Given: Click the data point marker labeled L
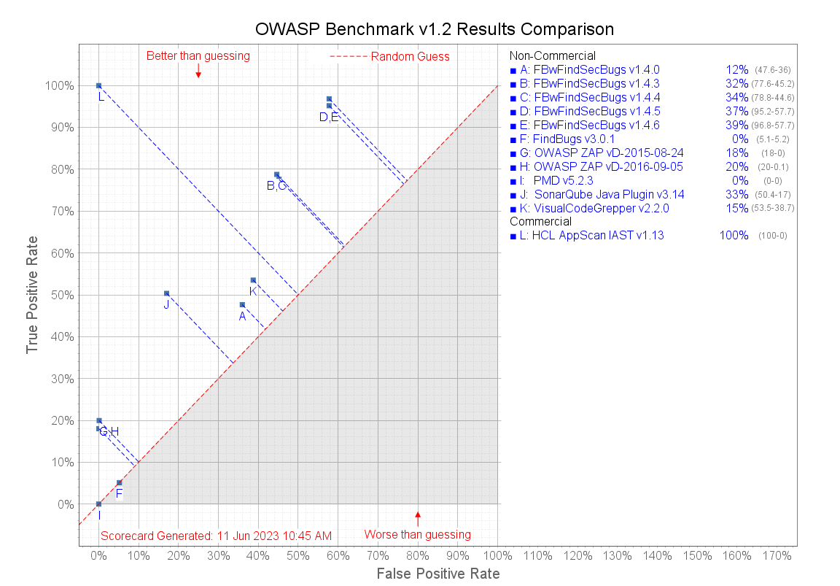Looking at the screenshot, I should coord(98,85).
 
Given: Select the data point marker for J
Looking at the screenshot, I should coord(166,293).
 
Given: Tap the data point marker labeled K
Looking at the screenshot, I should coord(253,280).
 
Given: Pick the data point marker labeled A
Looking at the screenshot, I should coord(242,304).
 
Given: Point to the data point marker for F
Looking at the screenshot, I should coord(119,482).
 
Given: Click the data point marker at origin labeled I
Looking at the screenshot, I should coord(98,504).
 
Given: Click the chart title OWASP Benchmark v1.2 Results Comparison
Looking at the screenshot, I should coord(434,29).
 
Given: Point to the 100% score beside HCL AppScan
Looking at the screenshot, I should coord(734,236).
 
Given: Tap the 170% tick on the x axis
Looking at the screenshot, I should coord(776,556).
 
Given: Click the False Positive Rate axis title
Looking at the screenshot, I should coord(438,574).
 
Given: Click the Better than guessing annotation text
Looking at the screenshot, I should coord(198,55).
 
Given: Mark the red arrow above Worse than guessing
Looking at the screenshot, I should coord(418,518).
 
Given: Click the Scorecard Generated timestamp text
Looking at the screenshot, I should coord(216,535).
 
